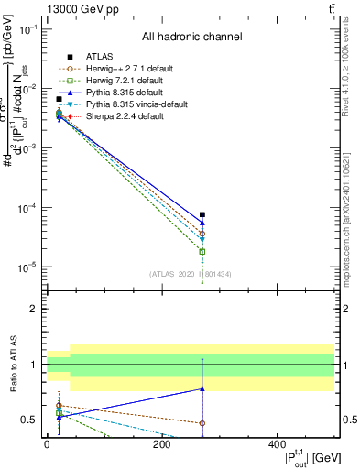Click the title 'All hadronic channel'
[191, 38]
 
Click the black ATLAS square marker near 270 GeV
[202, 214]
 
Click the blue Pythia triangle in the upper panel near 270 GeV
[202, 223]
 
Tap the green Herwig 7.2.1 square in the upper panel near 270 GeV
[202, 251]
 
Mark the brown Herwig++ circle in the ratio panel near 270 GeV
[202, 423]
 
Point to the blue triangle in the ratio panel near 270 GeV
[202, 389]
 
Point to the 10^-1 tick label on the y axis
[28, 29]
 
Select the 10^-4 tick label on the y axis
[28, 208]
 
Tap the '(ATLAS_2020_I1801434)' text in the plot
[191, 273]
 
